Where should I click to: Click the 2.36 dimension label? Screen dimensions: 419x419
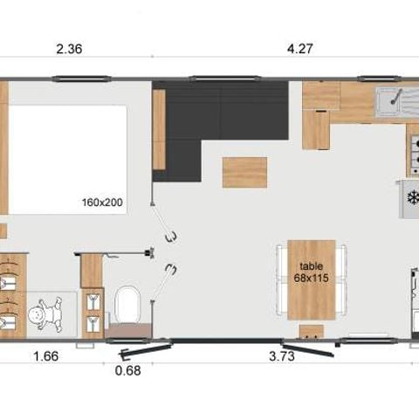(69, 49)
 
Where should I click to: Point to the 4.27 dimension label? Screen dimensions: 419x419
(300, 48)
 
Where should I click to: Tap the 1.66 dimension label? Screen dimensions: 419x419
(46, 356)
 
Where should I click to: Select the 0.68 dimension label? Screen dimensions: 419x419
(128, 371)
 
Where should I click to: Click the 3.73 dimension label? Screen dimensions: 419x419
(282, 356)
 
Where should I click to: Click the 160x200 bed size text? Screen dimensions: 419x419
(102, 203)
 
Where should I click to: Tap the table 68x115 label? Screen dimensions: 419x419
(311, 272)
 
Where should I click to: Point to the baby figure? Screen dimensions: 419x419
(46, 314)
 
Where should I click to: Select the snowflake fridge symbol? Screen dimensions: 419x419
(413, 198)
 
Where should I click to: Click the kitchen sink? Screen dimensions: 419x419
(388, 101)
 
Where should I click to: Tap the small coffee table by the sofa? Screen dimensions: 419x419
(244, 172)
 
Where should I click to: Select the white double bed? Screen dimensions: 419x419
(68, 160)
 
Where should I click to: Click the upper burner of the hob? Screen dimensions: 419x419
(416, 144)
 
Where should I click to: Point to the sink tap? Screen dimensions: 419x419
(396, 97)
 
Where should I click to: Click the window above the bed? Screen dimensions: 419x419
(82, 79)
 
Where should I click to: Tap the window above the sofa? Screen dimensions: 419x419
(225, 79)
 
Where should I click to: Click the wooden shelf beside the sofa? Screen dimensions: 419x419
(159, 129)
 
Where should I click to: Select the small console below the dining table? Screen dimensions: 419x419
(312, 332)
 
